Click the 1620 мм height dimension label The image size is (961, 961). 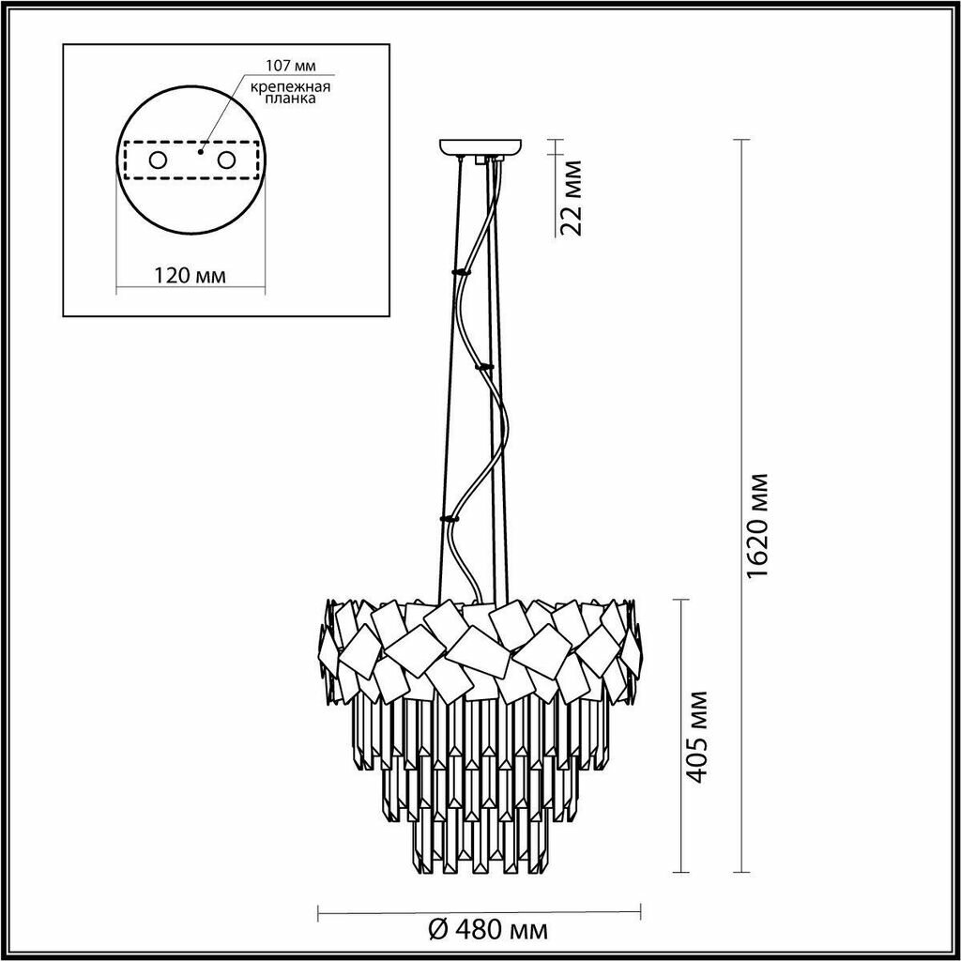point(757,526)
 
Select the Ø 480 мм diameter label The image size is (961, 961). point(487,931)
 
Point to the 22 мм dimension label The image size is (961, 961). point(572,197)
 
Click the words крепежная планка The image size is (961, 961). point(291,92)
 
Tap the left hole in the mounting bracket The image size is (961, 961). point(158,160)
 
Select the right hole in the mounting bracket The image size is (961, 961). point(227,160)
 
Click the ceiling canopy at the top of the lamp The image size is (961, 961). point(480,147)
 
